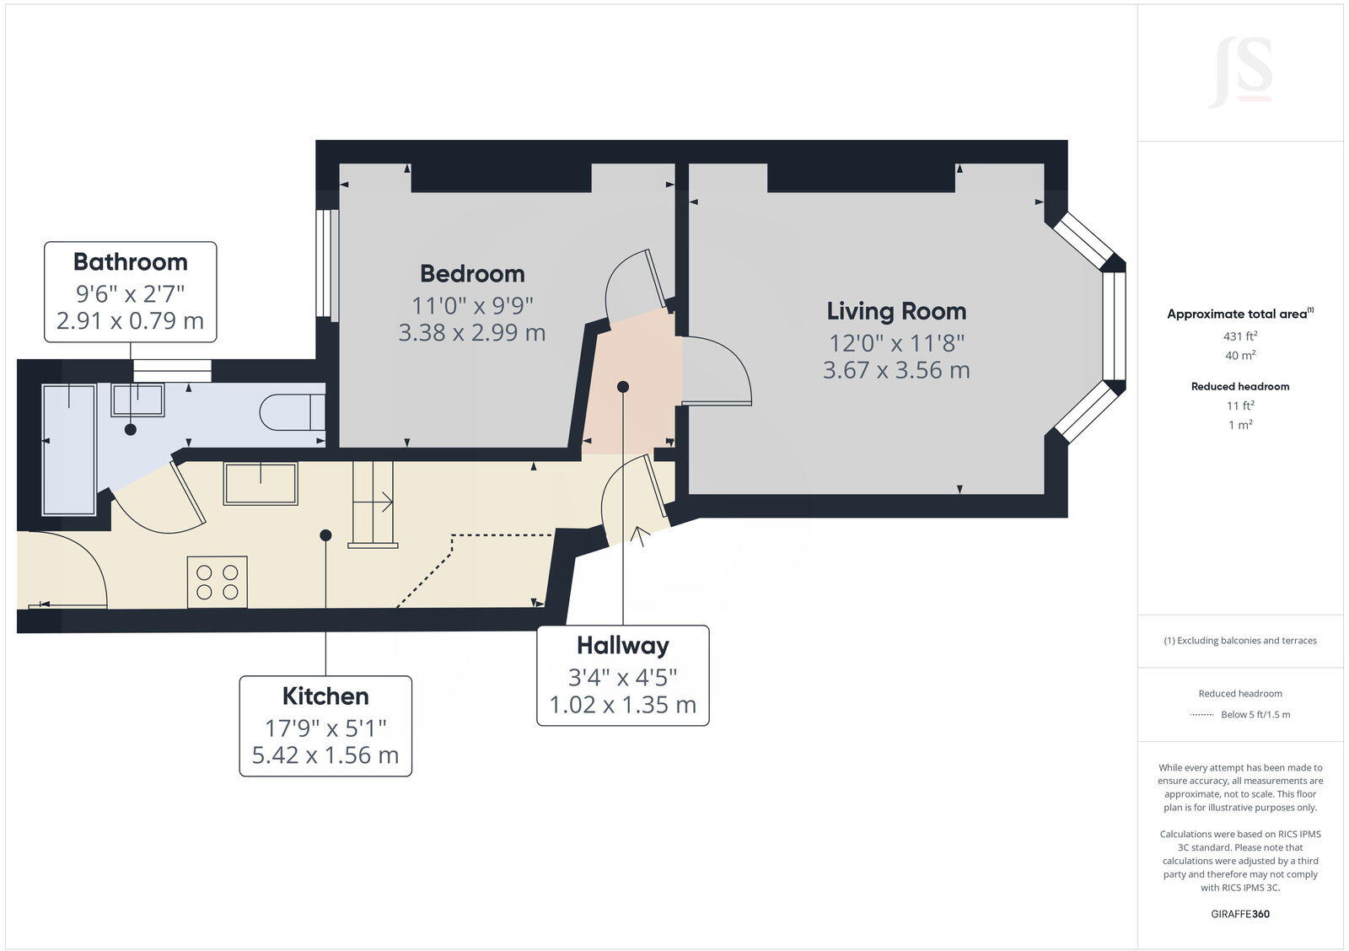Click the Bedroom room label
pyautogui.click(x=472, y=273)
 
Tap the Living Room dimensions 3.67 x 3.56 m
pyautogui.click(x=896, y=370)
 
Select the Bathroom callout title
pyautogui.click(x=130, y=261)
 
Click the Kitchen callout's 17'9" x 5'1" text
pyautogui.click(x=325, y=728)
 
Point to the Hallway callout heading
pyautogui.click(x=622, y=645)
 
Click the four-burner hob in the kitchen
pyautogui.click(x=218, y=582)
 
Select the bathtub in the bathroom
pyautogui.click(x=69, y=449)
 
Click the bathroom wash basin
pyautogui.click(x=137, y=400)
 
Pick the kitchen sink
pyautogui.click(x=261, y=484)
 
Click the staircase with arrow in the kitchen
pyautogui.click(x=373, y=503)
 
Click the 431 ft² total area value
pyautogui.click(x=1239, y=336)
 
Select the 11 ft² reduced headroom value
pyautogui.click(x=1239, y=406)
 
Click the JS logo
pyautogui.click(x=1240, y=72)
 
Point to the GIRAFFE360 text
pyautogui.click(x=1239, y=914)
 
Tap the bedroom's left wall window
pyautogui.click(x=327, y=265)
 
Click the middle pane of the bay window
pyautogui.click(x=1114, y=325)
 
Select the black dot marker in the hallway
pyautogui.click(x=623, y=387)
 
